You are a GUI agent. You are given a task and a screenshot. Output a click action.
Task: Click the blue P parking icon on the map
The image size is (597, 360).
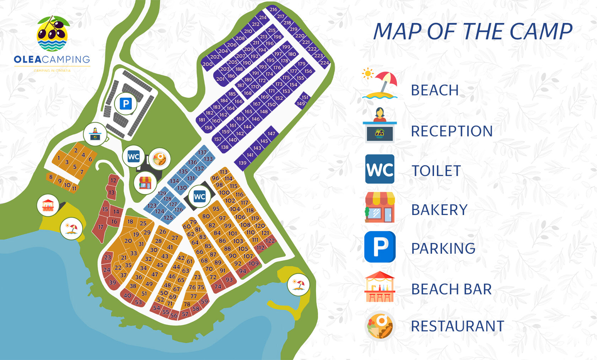(125, 104)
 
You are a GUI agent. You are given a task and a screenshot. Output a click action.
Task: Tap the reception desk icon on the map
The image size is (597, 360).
(95, 134)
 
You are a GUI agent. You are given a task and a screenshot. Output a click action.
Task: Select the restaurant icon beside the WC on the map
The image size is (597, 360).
(160, 158)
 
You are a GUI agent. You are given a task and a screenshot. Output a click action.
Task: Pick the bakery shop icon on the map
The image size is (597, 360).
(145, 183)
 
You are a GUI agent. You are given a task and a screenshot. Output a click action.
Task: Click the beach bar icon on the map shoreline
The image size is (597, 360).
(48, 205)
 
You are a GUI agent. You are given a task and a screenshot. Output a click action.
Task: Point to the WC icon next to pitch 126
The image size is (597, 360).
(199, 197)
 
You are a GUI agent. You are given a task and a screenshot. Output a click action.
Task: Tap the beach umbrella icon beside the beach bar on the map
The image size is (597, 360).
(71, 229)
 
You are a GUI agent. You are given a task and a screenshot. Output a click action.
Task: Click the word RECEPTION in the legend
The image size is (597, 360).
(452, 131)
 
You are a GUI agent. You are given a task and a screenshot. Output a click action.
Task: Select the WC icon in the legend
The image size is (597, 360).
(380, 169)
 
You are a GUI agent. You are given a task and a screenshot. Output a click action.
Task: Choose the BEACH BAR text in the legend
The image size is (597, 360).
(451, 289)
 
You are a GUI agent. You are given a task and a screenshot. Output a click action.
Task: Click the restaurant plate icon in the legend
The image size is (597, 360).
(380, 326)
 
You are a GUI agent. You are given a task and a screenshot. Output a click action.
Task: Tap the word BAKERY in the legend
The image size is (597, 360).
(439, 210)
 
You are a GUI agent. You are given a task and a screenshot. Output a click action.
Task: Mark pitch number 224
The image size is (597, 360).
(324, 63)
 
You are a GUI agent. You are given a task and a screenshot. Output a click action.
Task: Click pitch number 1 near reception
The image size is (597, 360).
(59, 158)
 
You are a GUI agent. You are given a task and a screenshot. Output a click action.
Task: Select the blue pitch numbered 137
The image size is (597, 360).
(203, 152)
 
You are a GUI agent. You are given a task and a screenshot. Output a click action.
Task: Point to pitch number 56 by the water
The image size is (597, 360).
(174, 315)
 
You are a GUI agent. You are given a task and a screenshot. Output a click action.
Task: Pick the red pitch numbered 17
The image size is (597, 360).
(101, 227)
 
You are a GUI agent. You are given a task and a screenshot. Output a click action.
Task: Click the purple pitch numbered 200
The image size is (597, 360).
(207, 64)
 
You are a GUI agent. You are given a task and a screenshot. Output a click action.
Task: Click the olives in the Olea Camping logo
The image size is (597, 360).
(52, 31)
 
